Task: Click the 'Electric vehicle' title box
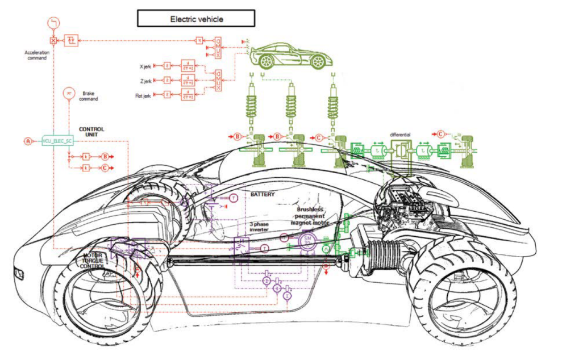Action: coord(196,19)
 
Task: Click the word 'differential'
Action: coord(399,135)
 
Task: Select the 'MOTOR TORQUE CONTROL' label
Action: coord(93,261)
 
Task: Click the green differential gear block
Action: coord(401,151)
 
